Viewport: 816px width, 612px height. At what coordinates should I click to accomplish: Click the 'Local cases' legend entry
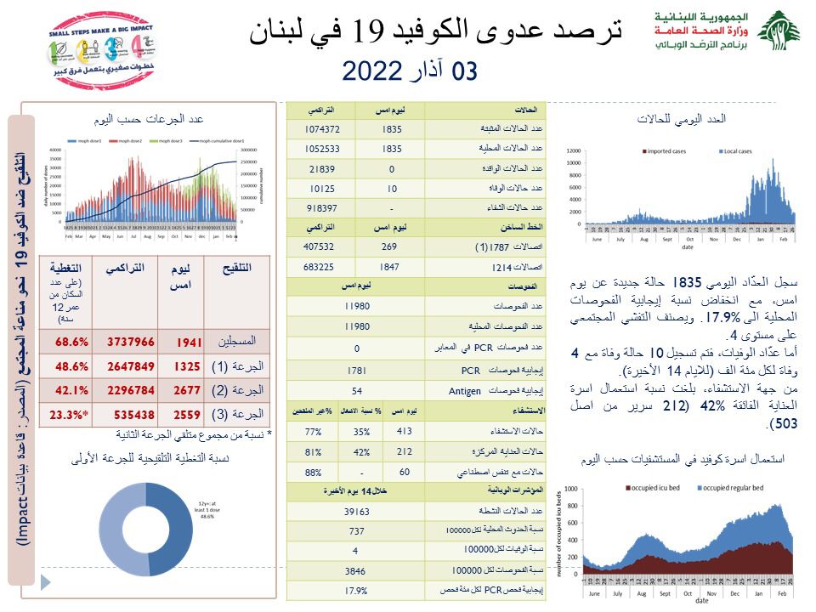pyautogui.click(x=734, y=151)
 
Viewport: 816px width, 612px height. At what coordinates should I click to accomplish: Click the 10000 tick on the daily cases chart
pyautogui.click(x=573, y=161)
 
